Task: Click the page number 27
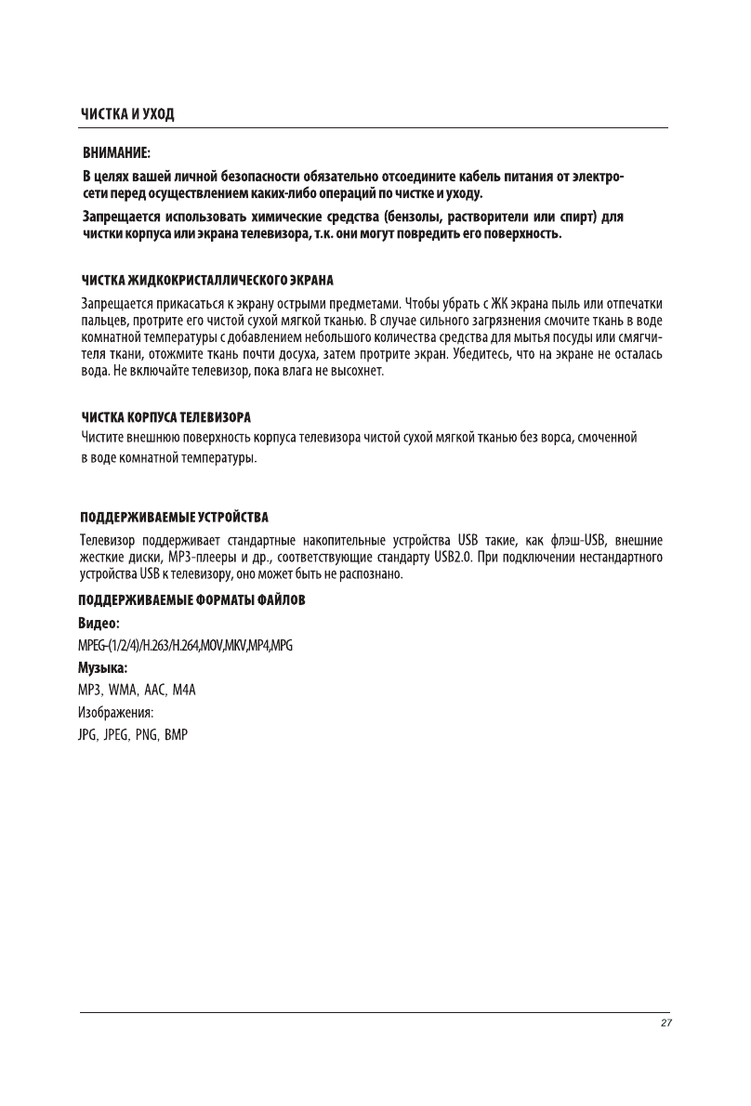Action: (665, 1023)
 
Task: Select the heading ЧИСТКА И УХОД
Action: (127, 114)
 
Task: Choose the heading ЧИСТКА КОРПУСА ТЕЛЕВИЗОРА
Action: (167, 416)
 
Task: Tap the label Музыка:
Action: (104, 667)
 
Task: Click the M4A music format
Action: (190, 691)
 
